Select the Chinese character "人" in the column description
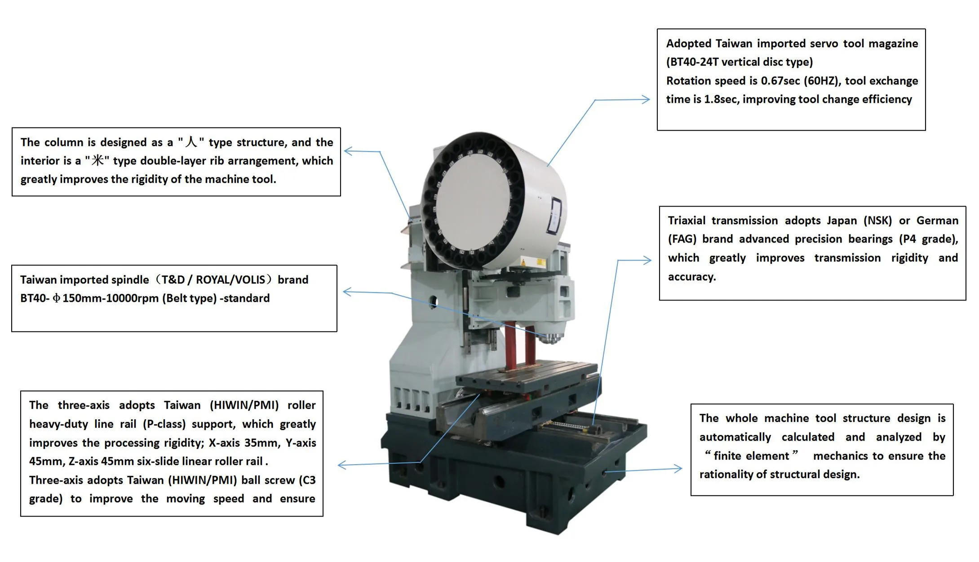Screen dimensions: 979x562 pyautogui.click(x=191, y=142)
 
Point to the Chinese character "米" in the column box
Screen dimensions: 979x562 pyautogui.click(x=97, y=160)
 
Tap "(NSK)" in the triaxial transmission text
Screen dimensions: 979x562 pyautogui.click(x=877, y=221)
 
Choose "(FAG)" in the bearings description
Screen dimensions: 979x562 pyautogui.click(x=682, y=239)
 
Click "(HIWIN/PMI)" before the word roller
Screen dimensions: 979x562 pyautogui.click(x=244, y=405)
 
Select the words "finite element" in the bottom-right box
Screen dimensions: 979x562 pyautogui.click(x=751, y=456)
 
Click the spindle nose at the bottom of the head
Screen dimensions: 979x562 pyautogui.click(x=552, y=338)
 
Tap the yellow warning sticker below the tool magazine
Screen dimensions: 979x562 pyautogui.click(x=523, y=261)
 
